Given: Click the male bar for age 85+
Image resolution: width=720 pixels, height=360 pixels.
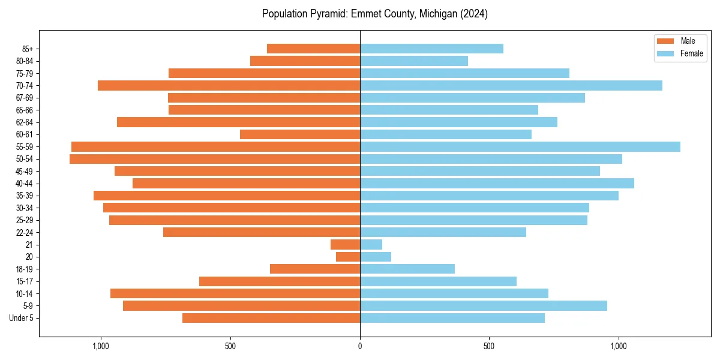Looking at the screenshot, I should point(313,49).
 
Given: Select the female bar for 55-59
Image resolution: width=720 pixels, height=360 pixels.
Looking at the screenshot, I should point(520,146).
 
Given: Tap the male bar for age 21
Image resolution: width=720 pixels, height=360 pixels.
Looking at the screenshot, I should point(345,244).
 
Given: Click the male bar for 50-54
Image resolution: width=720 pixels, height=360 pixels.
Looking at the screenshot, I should point(215,159).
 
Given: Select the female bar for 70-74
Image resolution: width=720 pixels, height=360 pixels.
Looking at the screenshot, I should point(511,85).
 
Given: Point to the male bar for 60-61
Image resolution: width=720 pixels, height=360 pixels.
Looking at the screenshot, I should point(300,134).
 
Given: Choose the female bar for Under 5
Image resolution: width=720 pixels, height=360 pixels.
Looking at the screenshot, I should point(452,318).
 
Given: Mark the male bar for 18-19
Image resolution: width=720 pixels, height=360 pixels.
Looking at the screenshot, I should point(315,269).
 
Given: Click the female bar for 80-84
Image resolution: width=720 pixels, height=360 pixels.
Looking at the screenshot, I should point(414,61).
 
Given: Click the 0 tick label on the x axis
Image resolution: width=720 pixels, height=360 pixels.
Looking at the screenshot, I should point(360,346).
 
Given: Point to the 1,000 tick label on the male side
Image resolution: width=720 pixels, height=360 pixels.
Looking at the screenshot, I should point(101,346).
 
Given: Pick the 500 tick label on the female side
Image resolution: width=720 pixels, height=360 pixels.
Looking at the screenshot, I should point(489,346).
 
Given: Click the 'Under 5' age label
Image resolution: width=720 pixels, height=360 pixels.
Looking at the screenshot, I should point(22,318).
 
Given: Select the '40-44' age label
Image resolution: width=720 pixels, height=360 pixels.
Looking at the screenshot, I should point(24,184).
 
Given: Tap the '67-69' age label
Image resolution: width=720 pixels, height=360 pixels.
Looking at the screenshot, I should point(24,98).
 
